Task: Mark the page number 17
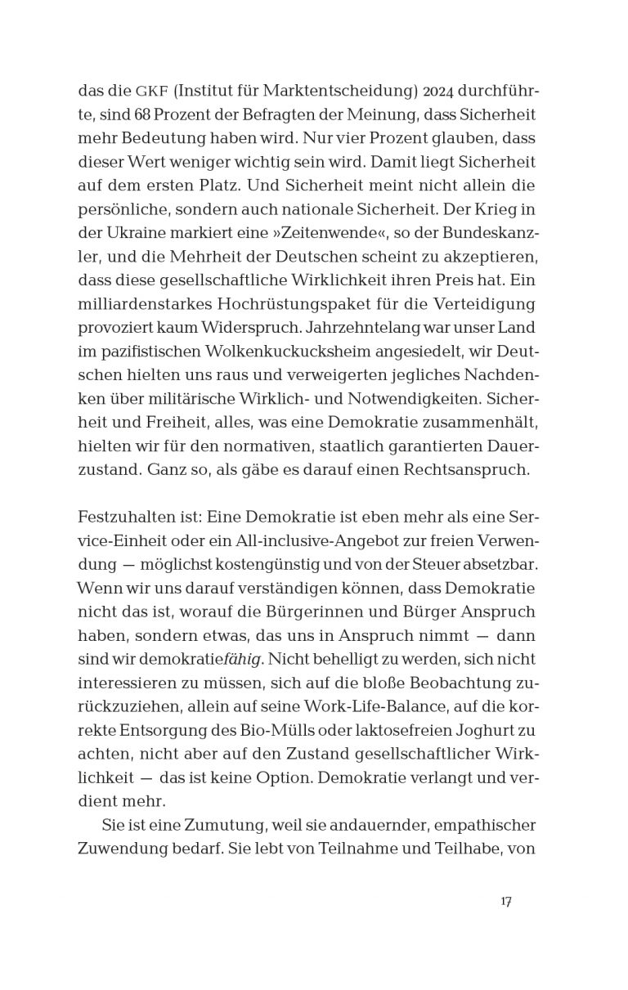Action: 505,902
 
